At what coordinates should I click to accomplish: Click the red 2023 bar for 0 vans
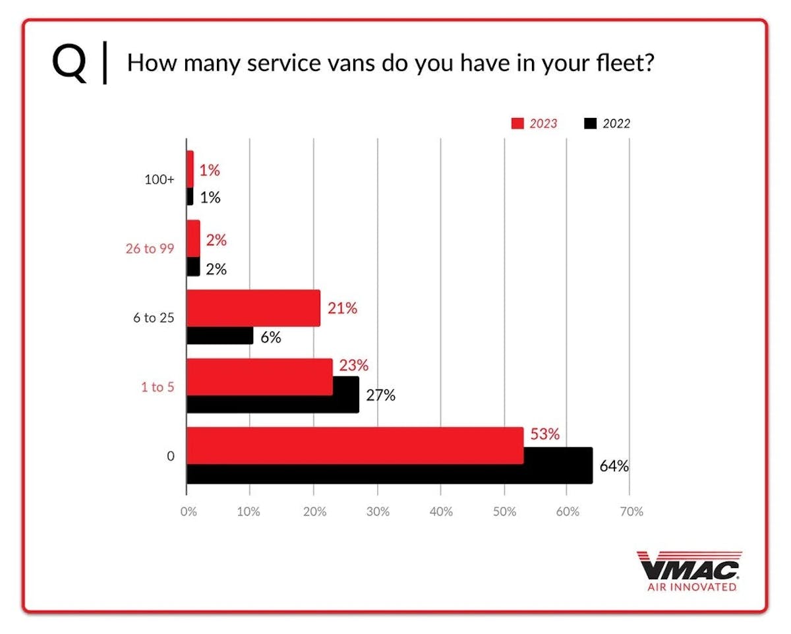(x=355, y=446)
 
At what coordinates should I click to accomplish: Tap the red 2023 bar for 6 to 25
(x=253, y=308)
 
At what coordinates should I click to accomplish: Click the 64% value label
(x=614, y=467)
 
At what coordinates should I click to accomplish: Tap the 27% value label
(x=380, y=396)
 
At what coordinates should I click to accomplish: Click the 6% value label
(x=271, y=338)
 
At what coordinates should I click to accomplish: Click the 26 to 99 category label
(x=150, y=248)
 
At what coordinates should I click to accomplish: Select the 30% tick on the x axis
(x=377, y=512)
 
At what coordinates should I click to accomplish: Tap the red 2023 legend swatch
(x=517, y=123)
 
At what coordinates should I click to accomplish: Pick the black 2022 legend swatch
(x=591, y=123)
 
